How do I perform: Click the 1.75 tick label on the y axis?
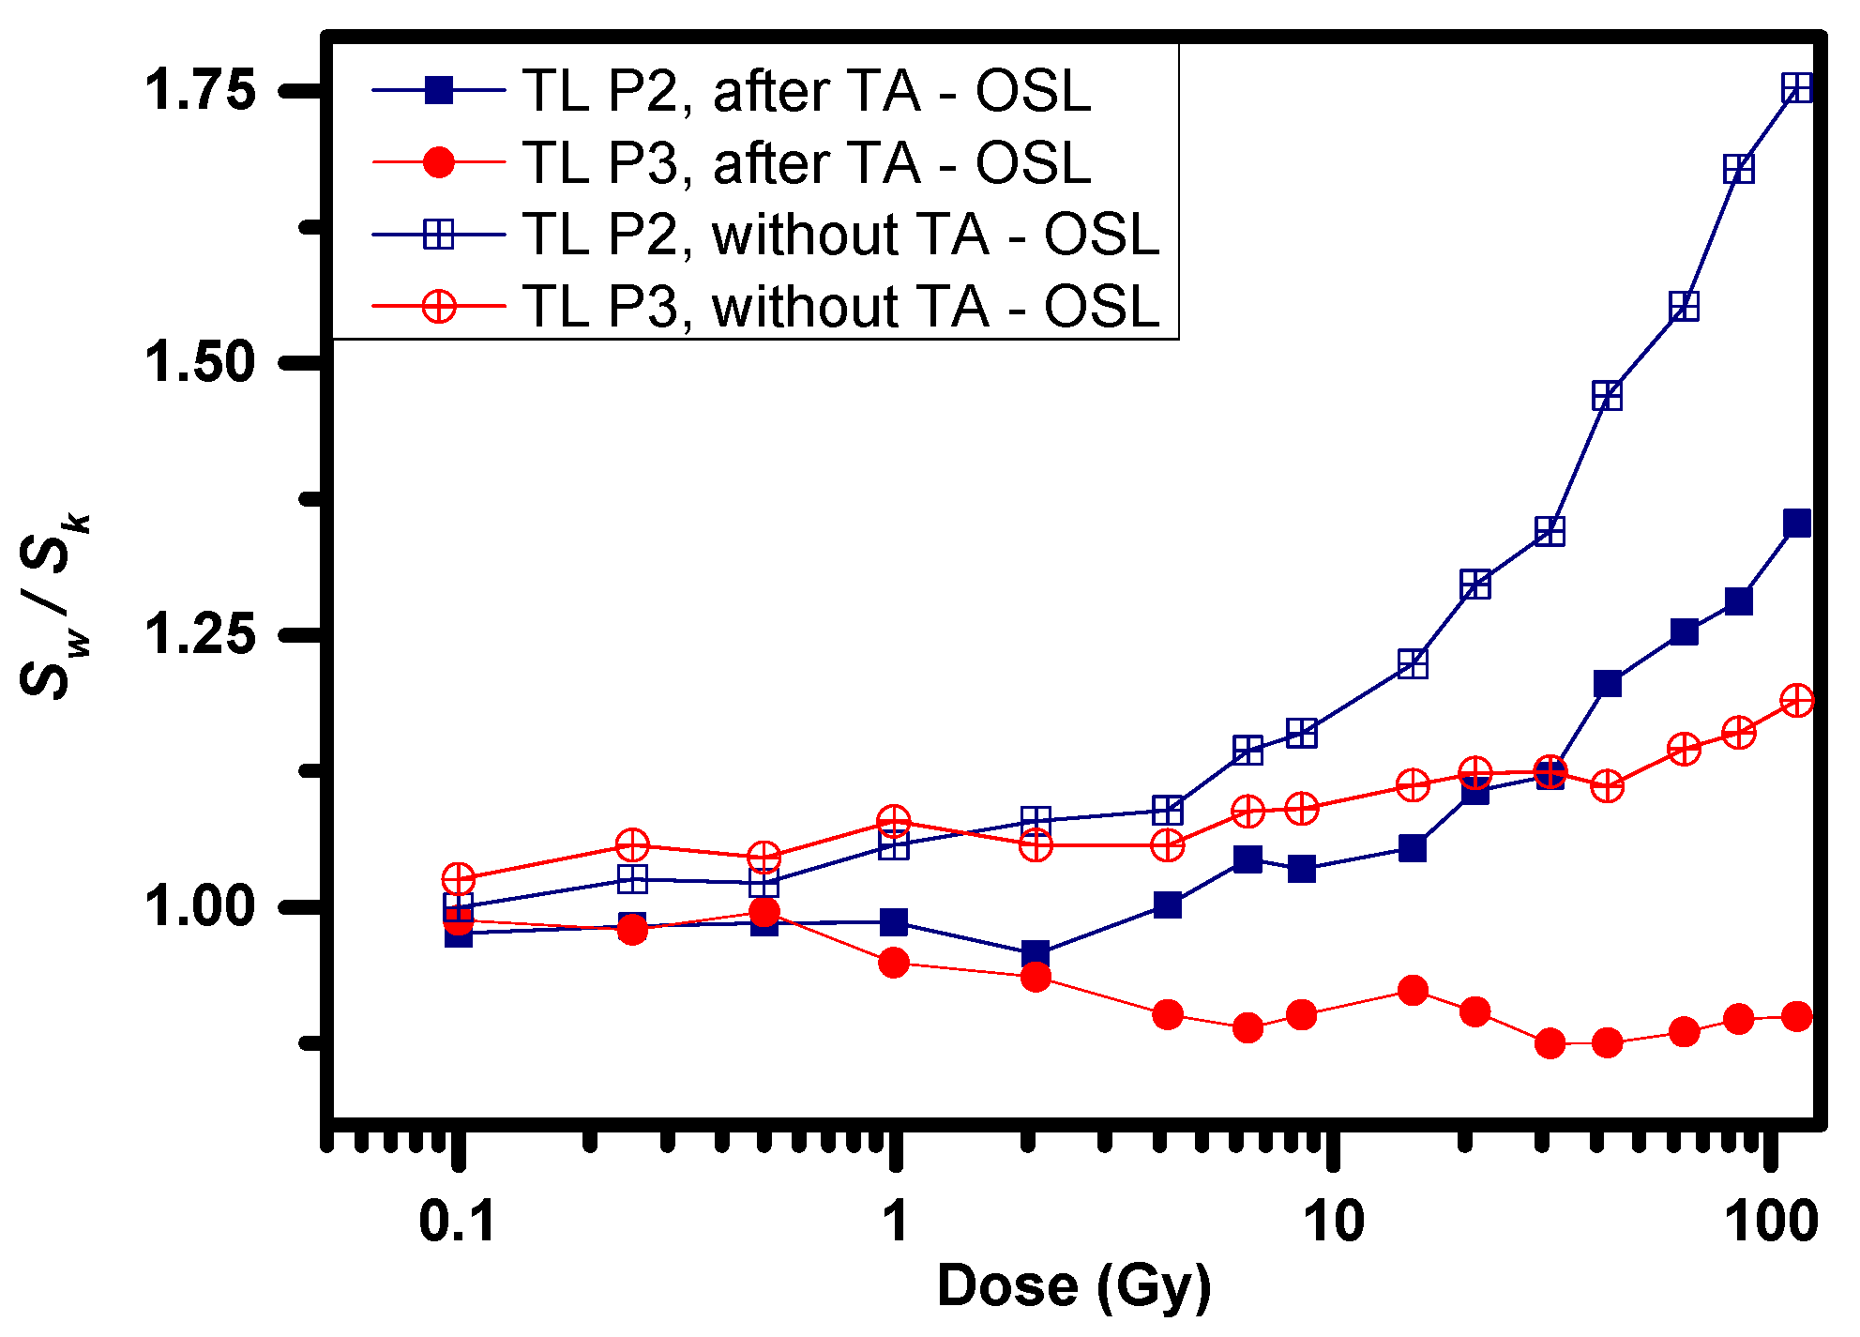coord(199,91)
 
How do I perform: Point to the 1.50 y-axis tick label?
coord(199,362)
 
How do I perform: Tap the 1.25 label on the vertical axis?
coord(199,634)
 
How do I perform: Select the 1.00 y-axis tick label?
coord(199,907)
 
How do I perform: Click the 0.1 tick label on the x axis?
coord(457,1222)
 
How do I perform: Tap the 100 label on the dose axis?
coord(1771,1222)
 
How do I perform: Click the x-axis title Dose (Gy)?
coord(1074,1285)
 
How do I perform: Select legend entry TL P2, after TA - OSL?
coord(807,91)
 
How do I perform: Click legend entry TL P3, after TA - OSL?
coord(807,163)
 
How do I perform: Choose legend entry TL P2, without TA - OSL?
coord(841,234)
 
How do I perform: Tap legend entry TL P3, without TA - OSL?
coord(841,306)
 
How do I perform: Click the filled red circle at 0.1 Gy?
coord(458,920)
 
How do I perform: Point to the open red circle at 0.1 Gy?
coord(458,879)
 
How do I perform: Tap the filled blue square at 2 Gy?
coord(1036,954)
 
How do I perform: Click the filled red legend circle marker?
coord(439,162)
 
